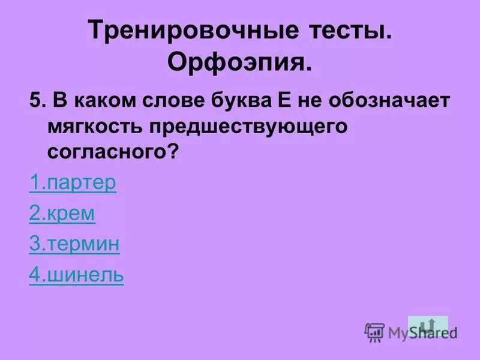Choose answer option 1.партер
(73, 183)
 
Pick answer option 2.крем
(62, 214)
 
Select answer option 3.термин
(74, 245)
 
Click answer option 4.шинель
(76, 275)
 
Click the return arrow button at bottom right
(428, 326)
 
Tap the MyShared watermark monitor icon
(374, 332)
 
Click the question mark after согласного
(173, 152)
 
